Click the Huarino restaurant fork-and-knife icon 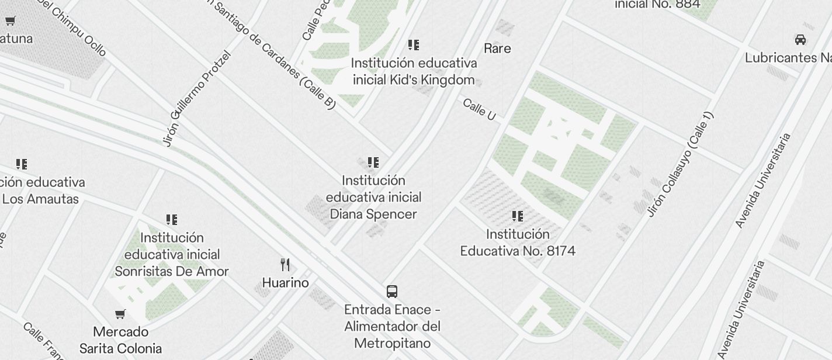285,265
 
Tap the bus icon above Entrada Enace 392,292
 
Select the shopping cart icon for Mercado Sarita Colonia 120,314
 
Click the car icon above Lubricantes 800,40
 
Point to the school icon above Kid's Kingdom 414,45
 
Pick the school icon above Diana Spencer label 373,162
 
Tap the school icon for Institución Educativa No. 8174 518,216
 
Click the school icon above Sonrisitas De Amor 172,220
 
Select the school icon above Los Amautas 22,164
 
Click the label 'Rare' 497,49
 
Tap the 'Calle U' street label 479,110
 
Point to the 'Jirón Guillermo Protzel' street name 197,99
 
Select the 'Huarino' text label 285,283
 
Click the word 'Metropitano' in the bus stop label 392,343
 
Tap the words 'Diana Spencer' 373,214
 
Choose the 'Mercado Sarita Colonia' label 120,340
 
